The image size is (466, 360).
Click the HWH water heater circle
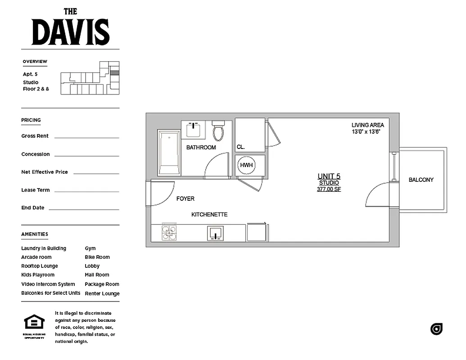(246, 165)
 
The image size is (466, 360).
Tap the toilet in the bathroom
(218, 130)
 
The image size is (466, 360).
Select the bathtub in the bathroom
(169, 153)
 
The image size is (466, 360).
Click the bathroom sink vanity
(194, 129)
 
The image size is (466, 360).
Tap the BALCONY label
(421, 180)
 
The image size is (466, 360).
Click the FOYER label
(185, 198)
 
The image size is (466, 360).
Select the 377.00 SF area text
(329, 189)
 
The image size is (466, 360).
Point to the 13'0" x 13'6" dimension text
(366, 132)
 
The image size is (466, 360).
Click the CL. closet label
(241, 147)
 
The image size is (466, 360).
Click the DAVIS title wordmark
(71, 32)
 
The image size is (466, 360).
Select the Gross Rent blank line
(86, 137)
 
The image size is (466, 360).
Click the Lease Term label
(36, 190)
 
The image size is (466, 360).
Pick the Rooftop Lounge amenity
(40, 266)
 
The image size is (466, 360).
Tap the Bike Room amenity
(97, 257)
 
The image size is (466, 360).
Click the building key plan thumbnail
(90, 78)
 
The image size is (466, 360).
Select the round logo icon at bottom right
(436, 329)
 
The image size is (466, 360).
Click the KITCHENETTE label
(209, 215)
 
